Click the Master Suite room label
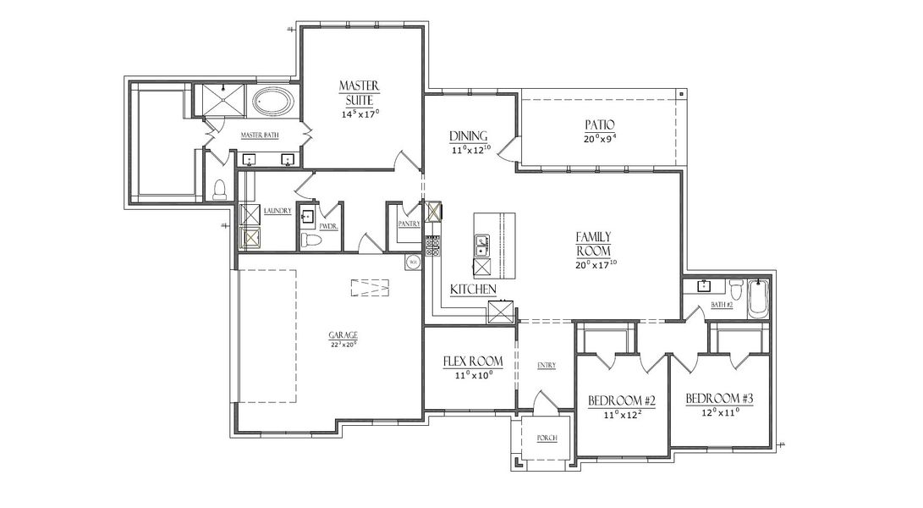(x=360, y=92)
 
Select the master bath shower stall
(x=221, y=101)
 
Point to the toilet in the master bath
(x=220, y=189)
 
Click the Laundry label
(x=277, y=211)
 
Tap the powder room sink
(x=307, y=217)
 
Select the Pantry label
(x=409, y=224)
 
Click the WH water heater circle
(x=414, y=262)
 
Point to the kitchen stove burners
(x=432, y=246)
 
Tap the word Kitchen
(x=472, y=290)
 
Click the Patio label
(x=598, y=124)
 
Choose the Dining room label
(x=466, y=136)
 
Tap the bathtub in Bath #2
(x=758, y=300)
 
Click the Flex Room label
(x=473, y=362)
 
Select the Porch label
(x=547, y=438)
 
